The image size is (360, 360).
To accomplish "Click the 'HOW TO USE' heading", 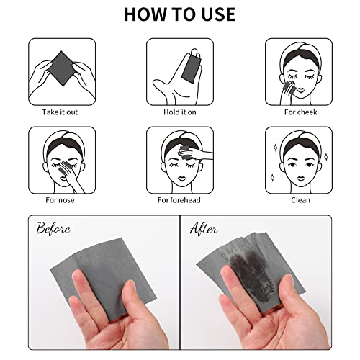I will pyautogui.click(x=180, y=14).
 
